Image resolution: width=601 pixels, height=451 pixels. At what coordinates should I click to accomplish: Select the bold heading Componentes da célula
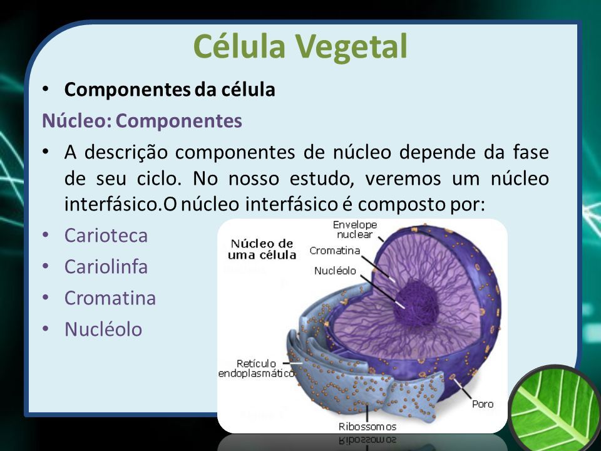click(x=170, y=90)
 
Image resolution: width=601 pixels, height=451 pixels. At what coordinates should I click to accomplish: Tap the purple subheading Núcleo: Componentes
click(x=142, y=121)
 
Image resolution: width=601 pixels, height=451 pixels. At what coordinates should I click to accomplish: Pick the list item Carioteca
click(x=106, y=236)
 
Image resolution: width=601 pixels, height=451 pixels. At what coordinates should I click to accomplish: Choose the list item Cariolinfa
click(x=106, y=267)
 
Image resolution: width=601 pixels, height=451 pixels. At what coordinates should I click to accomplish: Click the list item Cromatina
click(x=110, y=298)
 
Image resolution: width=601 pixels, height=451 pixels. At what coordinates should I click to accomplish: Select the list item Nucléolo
click(x=103, y=329)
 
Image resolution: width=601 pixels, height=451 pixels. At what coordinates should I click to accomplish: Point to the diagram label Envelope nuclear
click(x=355, y=229)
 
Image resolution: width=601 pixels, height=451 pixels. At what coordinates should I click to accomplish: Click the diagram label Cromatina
click(x=334, y=251)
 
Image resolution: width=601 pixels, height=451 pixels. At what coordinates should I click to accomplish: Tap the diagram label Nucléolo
click(x=335, y=271)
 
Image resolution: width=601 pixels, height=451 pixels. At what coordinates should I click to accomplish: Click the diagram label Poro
click(x=483, y=404)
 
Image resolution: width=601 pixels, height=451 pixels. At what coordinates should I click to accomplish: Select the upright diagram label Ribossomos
click(x=367, y=427)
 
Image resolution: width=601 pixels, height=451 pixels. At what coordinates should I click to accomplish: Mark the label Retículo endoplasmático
click(x=257, y=368)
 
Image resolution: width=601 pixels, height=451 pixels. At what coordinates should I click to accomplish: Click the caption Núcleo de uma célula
click(x=262, y=249)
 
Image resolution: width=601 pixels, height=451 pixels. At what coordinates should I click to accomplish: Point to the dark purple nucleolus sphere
click(x=416, y=303)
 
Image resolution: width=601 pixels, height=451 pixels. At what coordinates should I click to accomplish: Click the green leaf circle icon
click(x=554, y=409)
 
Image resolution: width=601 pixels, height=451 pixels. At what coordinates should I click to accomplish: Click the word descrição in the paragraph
click(x=126, y=153)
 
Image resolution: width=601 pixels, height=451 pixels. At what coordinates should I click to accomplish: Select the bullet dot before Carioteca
click(x=46, y=234)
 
